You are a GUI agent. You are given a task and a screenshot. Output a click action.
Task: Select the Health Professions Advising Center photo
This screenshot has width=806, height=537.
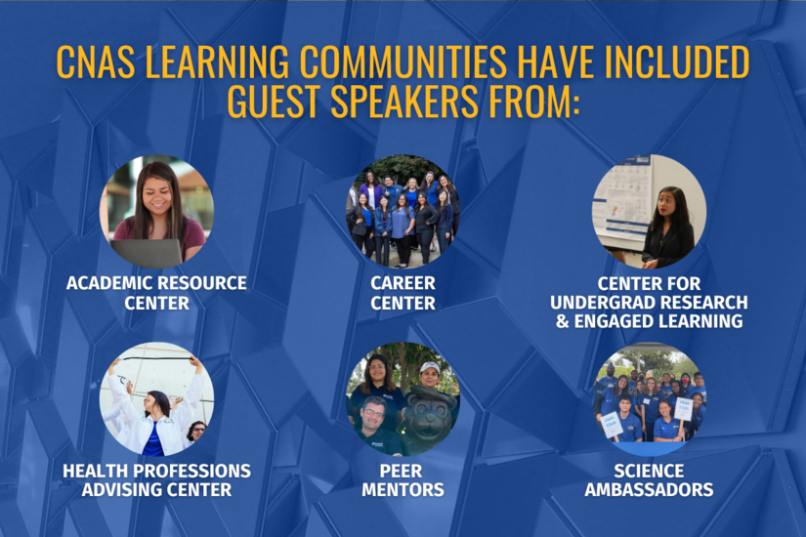(156, 398)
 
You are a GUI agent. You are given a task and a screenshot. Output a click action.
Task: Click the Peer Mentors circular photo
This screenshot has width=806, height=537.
(403, 398)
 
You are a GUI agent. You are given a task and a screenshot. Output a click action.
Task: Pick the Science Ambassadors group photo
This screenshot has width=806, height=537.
(650, 398)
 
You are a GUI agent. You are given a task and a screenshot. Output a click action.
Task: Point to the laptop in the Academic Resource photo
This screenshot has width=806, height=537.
(147, 252)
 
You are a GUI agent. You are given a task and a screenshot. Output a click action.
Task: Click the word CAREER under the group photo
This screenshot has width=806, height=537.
(403, 284)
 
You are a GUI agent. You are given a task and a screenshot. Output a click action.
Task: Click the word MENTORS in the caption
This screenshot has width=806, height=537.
(403, 490)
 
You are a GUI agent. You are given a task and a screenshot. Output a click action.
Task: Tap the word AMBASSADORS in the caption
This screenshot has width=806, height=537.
(649, 490)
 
